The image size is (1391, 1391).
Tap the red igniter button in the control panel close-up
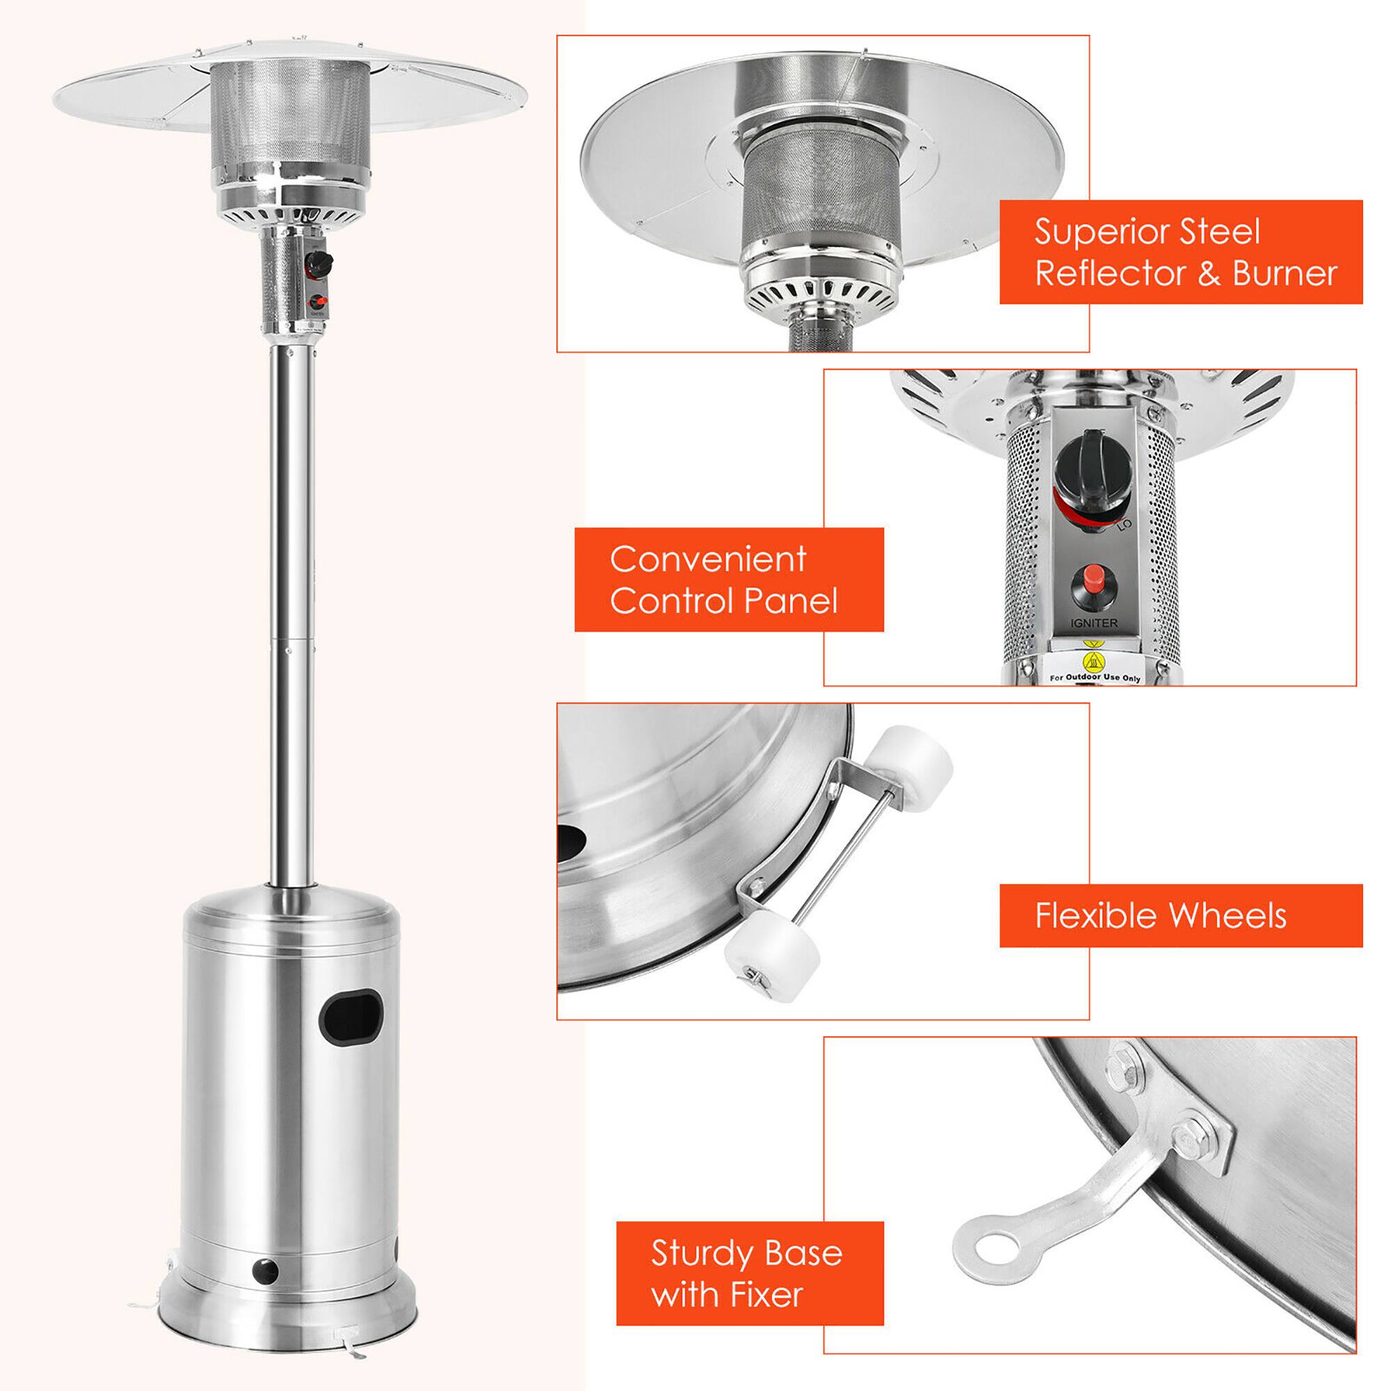[1093, 577]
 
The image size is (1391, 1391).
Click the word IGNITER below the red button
[1093, 622]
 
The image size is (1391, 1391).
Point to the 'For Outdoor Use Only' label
[1094, 677]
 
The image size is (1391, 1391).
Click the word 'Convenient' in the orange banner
[708, 559]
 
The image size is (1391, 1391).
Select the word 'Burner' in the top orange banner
[1285, 273]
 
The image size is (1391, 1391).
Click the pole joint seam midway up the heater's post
[291, 636]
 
